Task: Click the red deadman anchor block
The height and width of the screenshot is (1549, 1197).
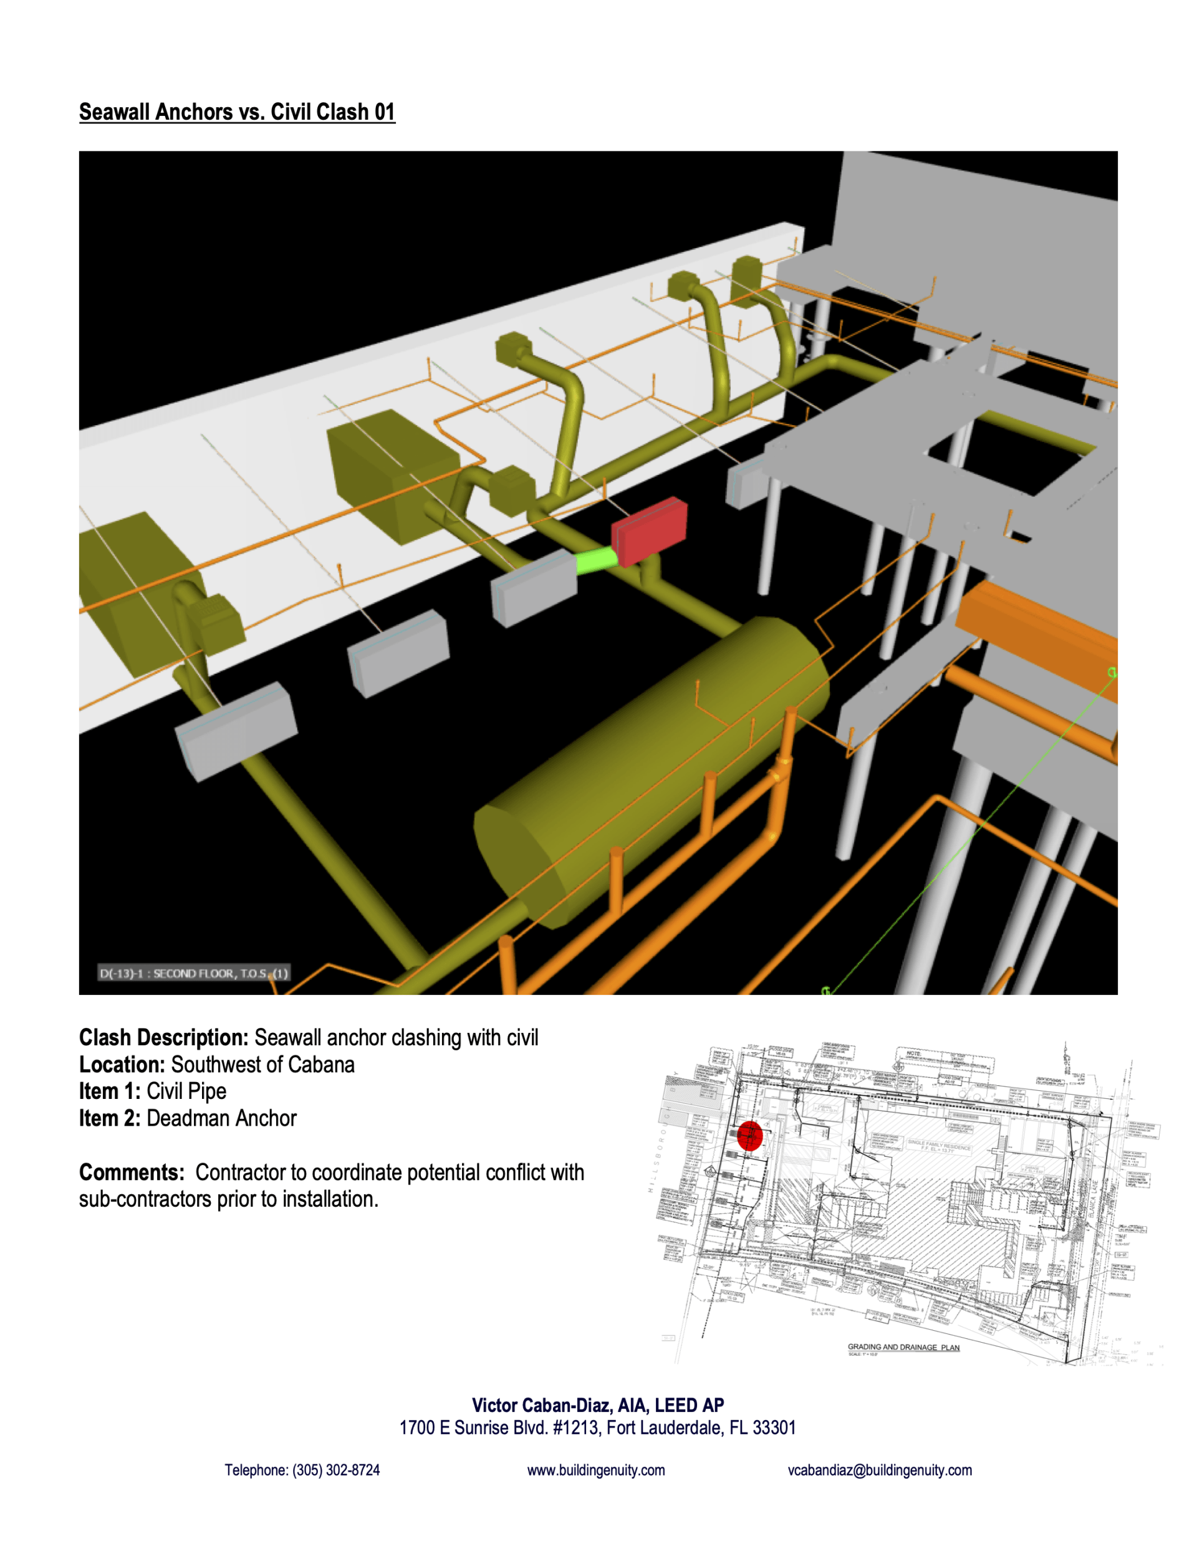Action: coord(649,532)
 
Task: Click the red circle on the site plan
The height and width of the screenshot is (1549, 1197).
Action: coord(749,1135)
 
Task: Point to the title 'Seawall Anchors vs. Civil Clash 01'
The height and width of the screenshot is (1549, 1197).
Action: coord(237,112)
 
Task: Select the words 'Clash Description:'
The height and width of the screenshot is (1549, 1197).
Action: coord(163,1038)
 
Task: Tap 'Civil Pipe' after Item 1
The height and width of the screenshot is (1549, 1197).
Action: coord(186,1091)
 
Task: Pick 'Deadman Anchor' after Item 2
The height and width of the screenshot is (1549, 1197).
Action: coord(221,1118)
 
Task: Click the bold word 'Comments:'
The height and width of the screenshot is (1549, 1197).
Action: coord(132,1173)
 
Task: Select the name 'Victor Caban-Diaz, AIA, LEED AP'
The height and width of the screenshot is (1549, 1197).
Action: coord(597,1405)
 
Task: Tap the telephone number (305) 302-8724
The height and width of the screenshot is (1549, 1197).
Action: coord(335,1470)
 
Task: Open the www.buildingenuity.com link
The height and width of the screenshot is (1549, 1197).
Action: coord(596,1470)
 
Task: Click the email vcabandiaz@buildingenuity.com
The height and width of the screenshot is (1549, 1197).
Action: coord(880,1470)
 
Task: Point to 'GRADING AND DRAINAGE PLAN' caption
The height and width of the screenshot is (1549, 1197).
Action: coord(903,1347)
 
